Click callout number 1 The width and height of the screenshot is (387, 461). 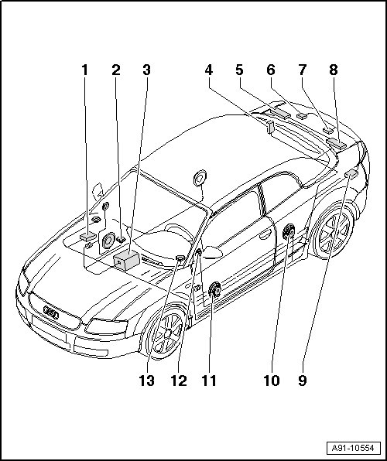(85, 70)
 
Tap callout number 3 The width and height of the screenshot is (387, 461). (146, 70)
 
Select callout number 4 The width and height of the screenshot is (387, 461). (209, 70)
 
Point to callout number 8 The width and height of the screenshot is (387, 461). (334, 70)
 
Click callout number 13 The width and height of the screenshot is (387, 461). (146, 381)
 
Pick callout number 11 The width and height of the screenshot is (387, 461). (209, 381)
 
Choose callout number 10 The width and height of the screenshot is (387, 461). (272, 381)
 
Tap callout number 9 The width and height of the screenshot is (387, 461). (303, 381)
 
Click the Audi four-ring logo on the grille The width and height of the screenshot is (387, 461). (51, 312)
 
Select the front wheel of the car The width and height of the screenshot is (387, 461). (166, 333)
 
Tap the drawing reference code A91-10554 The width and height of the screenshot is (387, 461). (353, 448)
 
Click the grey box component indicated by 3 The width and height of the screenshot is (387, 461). (127, 260)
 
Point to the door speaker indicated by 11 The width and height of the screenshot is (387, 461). (214, 290)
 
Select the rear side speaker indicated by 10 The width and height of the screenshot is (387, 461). (289, 231)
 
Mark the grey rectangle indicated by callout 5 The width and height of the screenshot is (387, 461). (280, 112)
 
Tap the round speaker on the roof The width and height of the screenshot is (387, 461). (200, 178)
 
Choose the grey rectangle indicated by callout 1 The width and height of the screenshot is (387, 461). (88, 236)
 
